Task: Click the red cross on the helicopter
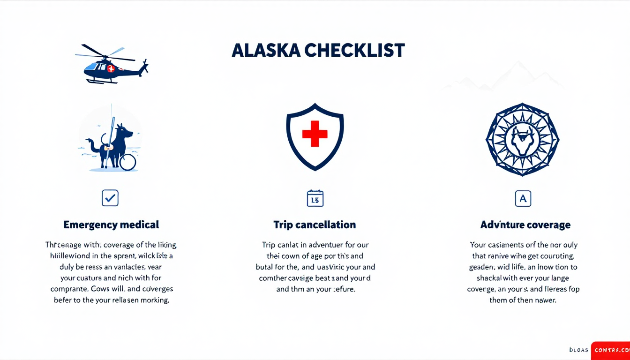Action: [x=111, y=68]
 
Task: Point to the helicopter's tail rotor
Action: [x=145, y=67]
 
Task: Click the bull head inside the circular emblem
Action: [x=522, y=139]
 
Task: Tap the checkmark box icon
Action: [x=110, y=198]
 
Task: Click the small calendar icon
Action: [x=315, y=198]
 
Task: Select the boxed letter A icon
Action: [x=523, y=198]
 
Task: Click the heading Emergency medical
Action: [x=111, y=225]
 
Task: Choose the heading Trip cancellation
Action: [x=315, y=225]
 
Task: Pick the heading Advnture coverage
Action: [x=525, y=225]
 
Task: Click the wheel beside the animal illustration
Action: [x=127, y=162]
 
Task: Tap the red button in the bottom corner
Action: [x=610, y=350]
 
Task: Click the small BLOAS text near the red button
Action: [x=578, y=350]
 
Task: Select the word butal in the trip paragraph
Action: [x=265, y=267]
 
